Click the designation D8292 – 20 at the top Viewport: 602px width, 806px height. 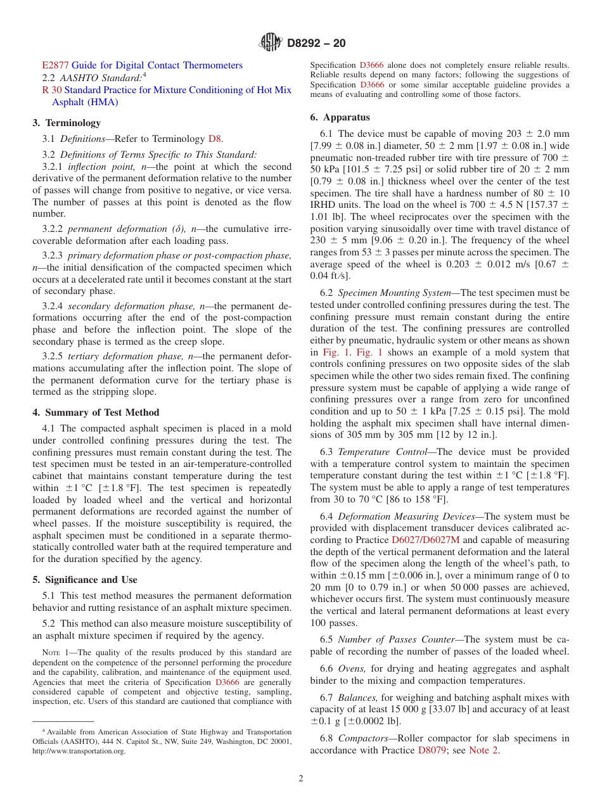316,44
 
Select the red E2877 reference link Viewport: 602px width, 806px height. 55,65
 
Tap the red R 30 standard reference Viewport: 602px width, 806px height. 50,90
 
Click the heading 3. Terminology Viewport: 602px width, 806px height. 67,123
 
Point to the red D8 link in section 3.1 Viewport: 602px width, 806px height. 215,139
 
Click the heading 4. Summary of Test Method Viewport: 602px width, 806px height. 96,413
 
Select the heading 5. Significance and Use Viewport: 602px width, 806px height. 85,580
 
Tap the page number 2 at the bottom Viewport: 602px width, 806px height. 301,779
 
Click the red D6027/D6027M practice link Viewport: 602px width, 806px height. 425,540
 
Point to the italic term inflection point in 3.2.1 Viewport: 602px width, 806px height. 96,167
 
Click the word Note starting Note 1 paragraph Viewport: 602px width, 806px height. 50,653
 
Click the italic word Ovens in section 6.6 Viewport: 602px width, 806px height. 351,668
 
